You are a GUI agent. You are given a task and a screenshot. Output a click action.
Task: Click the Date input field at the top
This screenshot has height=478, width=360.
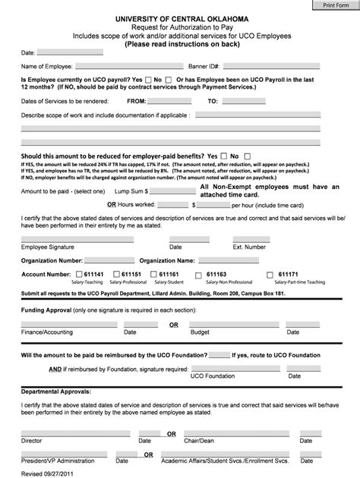(70, 53)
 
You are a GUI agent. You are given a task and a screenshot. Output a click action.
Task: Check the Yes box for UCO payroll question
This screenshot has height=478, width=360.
(147, 80)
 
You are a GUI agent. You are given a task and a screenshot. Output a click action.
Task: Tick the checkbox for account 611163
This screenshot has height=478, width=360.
(199, 274)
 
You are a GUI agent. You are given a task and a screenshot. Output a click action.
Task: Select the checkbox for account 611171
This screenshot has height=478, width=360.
(270, 274)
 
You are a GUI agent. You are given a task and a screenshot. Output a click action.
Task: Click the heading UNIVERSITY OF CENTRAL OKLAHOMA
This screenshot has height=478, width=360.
(181, 16)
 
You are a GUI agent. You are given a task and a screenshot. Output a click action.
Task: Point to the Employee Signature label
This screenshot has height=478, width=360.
(47, 247)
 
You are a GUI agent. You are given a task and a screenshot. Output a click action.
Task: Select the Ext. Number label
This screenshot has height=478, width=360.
(249, 247)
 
